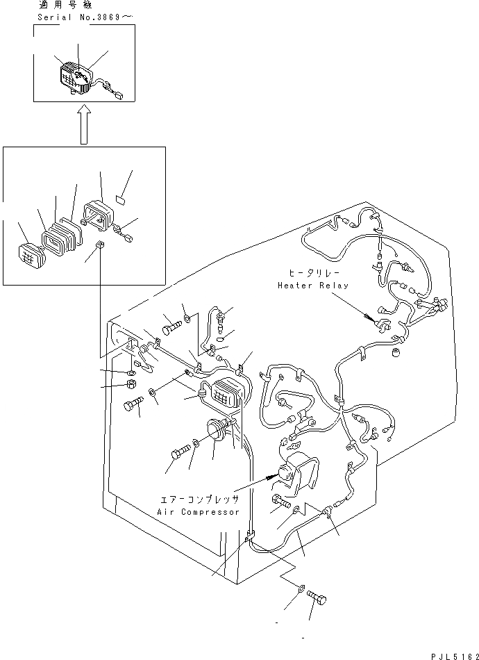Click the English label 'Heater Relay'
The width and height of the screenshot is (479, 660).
(313, 286)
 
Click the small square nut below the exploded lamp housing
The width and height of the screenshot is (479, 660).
(100, 245)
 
